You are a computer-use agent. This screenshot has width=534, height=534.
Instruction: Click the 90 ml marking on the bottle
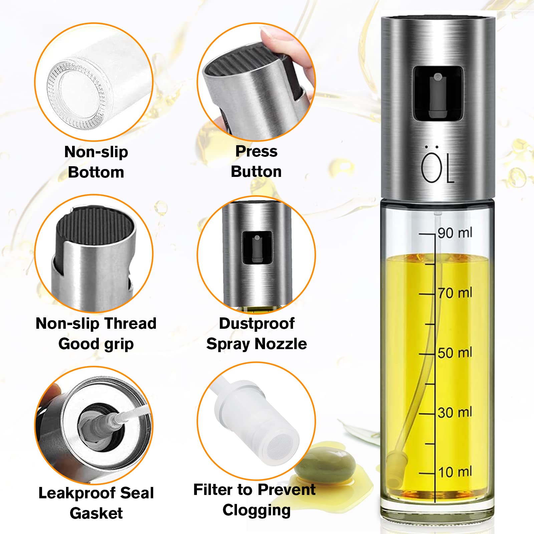(x=455, y=233)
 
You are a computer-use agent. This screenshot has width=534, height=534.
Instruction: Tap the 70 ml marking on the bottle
(x=455, y=293)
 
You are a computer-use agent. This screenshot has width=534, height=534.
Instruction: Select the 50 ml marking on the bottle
(x=455, y=353)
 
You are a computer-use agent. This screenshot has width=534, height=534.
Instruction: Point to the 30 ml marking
(x=455, y=413)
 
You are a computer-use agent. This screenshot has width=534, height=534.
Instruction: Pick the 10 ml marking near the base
(x=455, y=472)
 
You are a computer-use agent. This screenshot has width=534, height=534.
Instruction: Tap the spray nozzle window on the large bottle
(x=438, y=93)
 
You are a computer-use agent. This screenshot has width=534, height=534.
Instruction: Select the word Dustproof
(x=257, y=323)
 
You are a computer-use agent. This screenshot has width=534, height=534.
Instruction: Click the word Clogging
(x=256, y=510)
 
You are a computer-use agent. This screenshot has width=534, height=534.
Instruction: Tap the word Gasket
(x=96, y=513)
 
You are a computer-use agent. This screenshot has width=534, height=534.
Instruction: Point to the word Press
(x=256, y=151)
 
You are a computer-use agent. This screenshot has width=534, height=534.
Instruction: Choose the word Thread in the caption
(x=130, y=323)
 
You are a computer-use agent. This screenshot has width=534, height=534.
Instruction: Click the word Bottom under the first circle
(x=96, y=172)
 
